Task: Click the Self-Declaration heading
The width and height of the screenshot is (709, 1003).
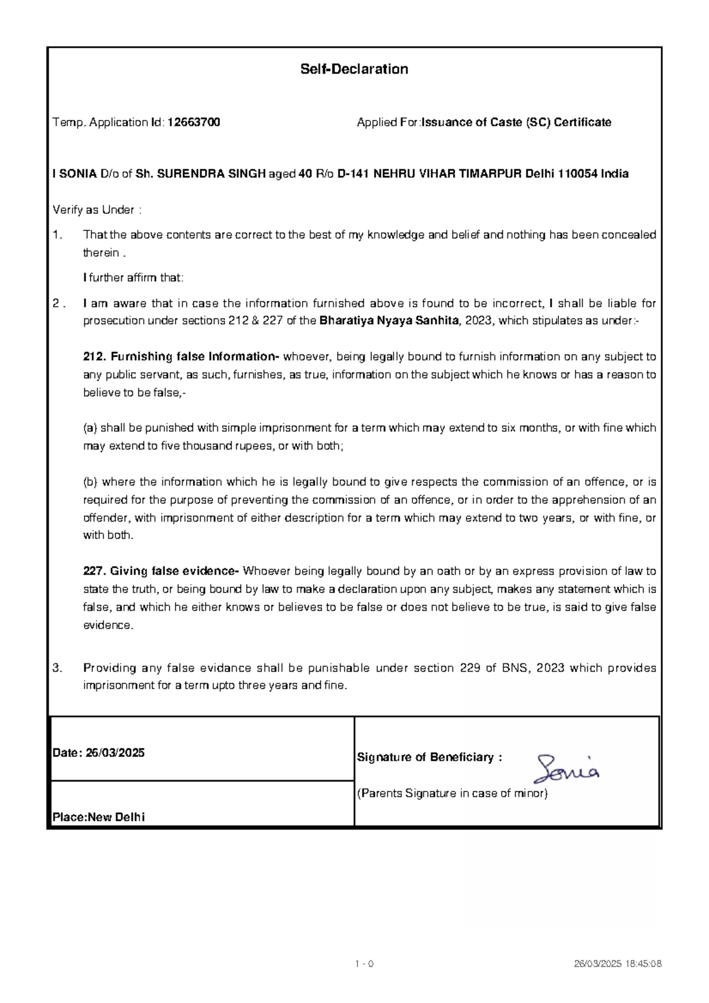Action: tap(354, 69)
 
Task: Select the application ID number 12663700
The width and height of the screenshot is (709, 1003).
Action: tap(194, 122)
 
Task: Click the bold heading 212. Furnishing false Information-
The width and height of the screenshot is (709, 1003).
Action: tap(181, 357)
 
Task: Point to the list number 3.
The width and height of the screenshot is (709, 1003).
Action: tap(57, 668)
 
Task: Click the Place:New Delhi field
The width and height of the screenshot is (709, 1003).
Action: tap(99, 818)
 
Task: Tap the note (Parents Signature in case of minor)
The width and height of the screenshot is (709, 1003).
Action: tap(453, 794)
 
